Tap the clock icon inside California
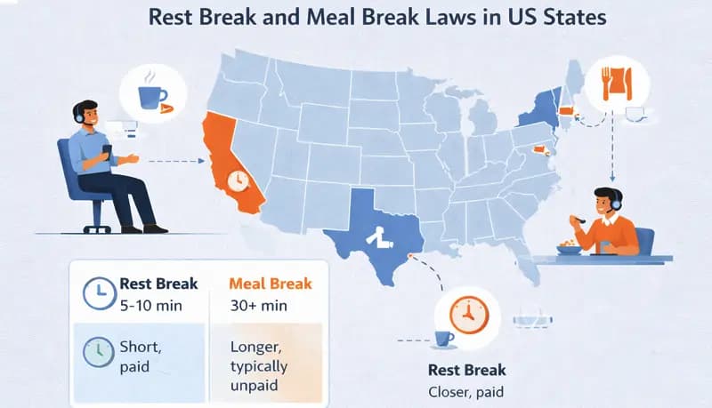[239, 180]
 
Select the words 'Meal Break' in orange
[271, 284]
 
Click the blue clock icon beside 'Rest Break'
[97, 292]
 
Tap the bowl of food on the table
[568, 249]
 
